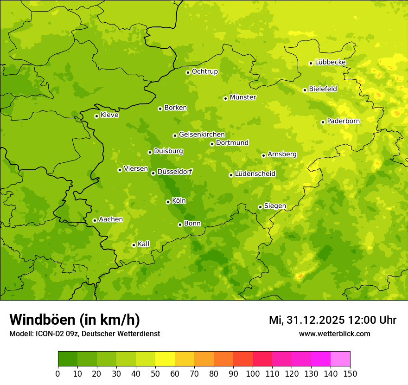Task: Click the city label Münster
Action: point(242,97)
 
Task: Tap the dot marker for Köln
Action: point(168,202)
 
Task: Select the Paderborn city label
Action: point(343,121)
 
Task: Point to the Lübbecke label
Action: point(330,62)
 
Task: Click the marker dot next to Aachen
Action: point(95,220)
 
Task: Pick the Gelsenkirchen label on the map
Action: point(202,135)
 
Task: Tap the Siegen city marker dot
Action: point(260,207)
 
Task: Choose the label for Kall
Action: point(144,244)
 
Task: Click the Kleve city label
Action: point(109,115)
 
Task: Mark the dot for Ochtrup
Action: point(188,72)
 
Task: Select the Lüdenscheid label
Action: point(255,174)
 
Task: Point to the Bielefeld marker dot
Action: point(305,90)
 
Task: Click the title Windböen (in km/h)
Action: point(74,320)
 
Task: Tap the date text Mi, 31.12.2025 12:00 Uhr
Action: point(332,320)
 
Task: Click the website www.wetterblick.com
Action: point(334,334)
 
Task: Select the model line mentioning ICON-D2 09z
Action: point(84,334)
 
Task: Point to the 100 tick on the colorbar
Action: point(253,373)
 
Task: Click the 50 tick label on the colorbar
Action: point(155,373)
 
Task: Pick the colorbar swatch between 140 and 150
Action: point(340,359)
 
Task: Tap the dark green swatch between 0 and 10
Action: point(68,359)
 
